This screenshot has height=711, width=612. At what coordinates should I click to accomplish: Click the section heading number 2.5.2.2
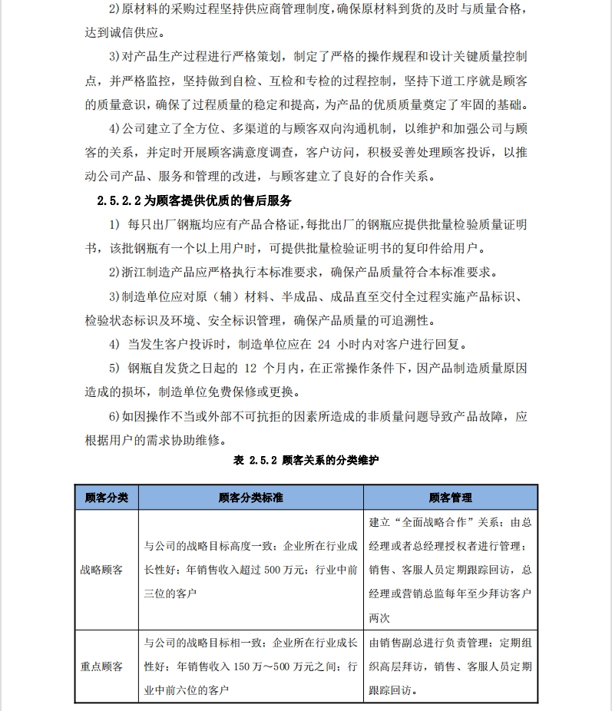[121, 200]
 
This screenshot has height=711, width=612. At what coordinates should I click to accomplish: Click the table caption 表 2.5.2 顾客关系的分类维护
[306, 460]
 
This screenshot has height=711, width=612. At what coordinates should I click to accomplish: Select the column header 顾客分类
[107, 498]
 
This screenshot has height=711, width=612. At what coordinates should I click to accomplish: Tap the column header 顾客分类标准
[251, 498]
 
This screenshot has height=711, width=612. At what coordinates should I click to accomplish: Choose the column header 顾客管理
[451, 498]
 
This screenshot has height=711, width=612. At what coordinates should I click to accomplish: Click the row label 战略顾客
[101, 570]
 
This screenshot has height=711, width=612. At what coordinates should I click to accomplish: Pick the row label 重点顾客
[101, 666]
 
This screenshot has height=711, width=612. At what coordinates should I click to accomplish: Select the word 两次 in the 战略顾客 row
[379, 617]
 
